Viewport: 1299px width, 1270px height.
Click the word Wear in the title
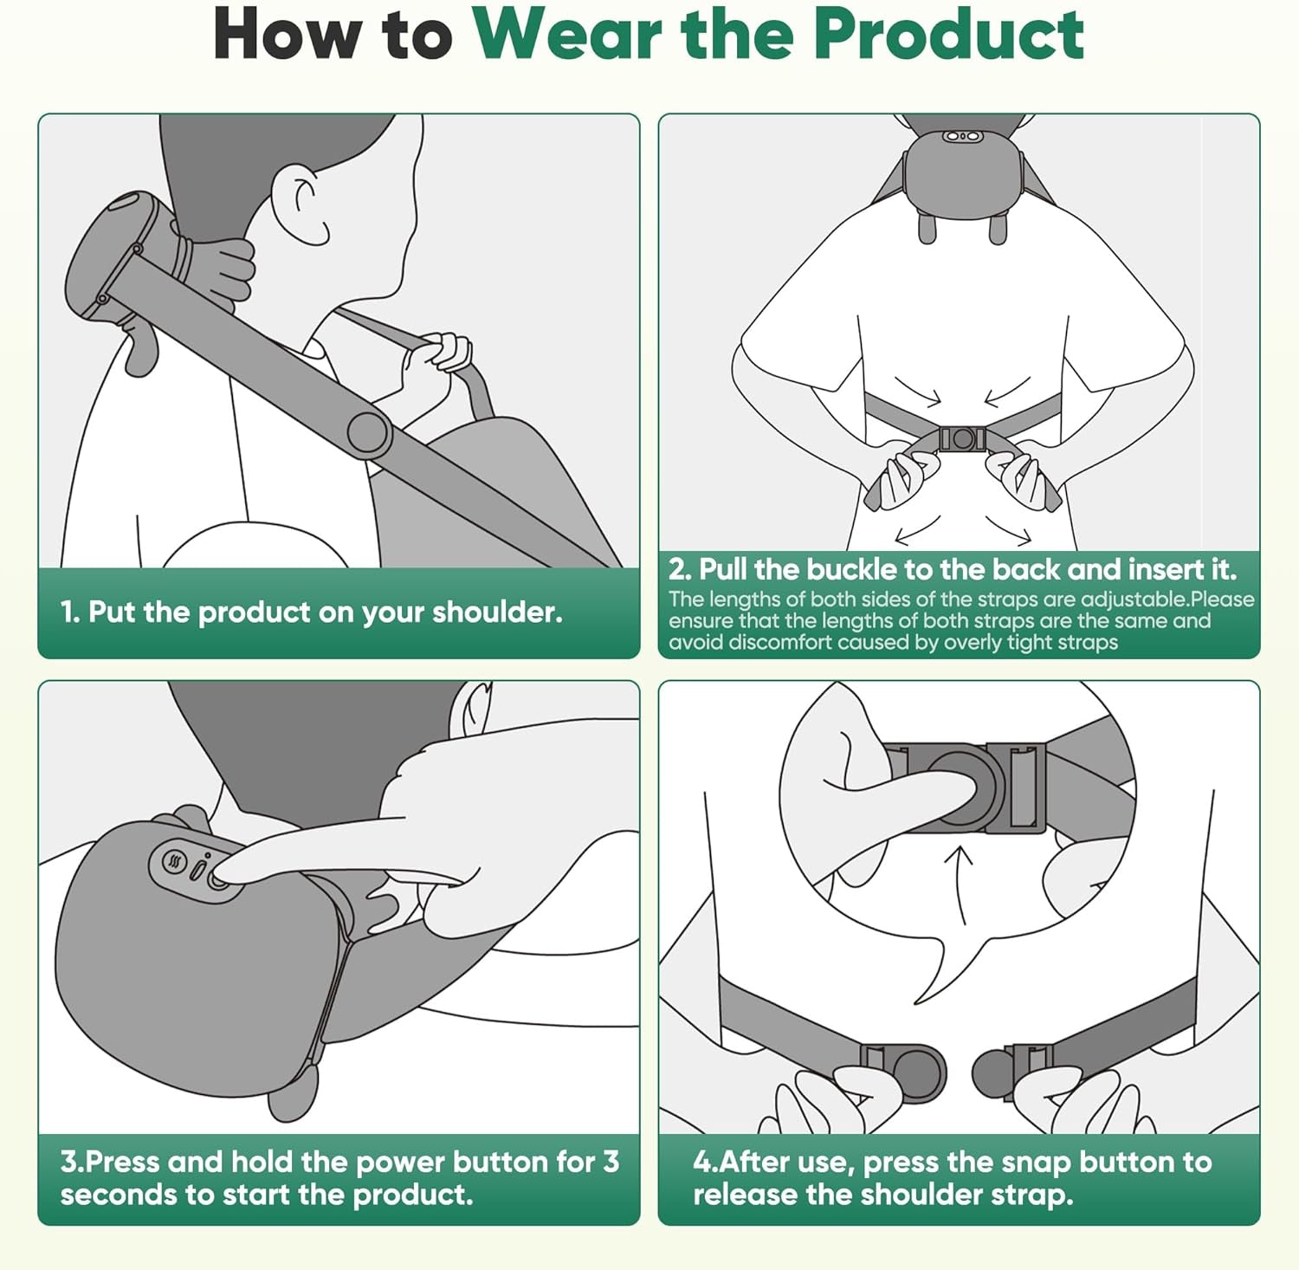tap(570, 35)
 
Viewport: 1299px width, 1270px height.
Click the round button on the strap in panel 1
tap(368, 432)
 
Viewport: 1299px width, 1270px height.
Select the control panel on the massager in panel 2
tap(961, 137)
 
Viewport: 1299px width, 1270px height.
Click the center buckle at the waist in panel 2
tap(961, 439)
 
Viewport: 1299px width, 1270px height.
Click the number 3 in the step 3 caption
tap(611, 1162)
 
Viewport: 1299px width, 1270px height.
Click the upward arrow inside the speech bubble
tap(959, 884)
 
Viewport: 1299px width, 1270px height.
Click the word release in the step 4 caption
tap(745, 1195)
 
